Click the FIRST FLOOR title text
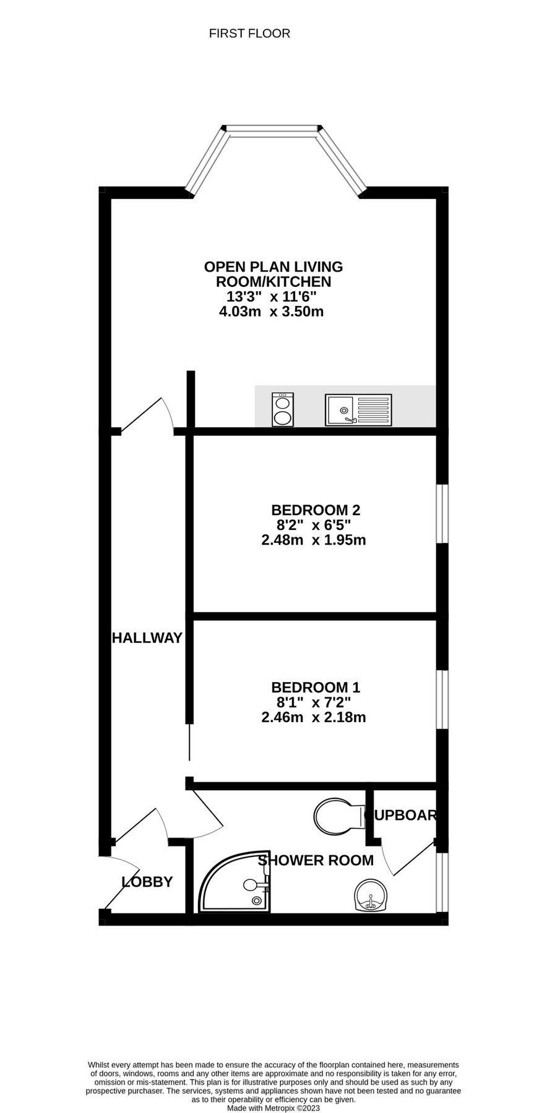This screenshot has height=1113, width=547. click(x=249, y=33)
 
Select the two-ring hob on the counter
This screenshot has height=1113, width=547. click(x=283, y=409)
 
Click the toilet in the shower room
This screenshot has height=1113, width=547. click(x=337, y=816)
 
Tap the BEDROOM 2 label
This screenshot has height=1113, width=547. click(x=316, y=510)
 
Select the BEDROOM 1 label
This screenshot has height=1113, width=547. click(x=316, y=687)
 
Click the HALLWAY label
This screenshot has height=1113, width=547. click(x=147, y=638)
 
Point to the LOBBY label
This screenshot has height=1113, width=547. click(x=147, y=882)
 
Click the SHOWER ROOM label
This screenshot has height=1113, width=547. click(x=316, y=860)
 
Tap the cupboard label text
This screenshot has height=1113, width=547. click(x=401, y=815)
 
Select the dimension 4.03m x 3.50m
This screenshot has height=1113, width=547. click(x=272, y=312)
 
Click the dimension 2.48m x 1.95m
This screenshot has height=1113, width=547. click(x=314, y=540)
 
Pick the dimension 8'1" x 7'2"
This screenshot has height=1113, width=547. click(x=314, y=702)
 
